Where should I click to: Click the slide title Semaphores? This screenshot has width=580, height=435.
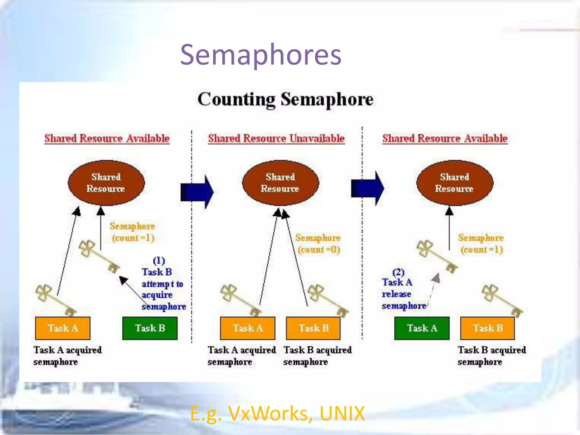click(261, 55)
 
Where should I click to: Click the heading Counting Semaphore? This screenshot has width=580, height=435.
click(285, 99)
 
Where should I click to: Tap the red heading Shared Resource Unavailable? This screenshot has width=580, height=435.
click(276, 138)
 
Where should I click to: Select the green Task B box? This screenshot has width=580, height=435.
click(150, 328)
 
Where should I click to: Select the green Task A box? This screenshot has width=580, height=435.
click(422, 328)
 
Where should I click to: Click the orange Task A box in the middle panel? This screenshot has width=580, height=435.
click(248, 328)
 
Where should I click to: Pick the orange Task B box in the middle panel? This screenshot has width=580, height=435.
click(313, 328)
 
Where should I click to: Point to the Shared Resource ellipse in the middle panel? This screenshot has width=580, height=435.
click(280, 183)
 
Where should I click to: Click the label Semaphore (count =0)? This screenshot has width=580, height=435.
click(318, 244)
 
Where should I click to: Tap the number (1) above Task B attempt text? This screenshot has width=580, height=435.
click(159, 260)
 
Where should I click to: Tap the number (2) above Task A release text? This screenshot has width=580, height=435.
click(398, 272)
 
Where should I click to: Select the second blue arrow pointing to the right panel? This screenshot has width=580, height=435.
click(367, 188)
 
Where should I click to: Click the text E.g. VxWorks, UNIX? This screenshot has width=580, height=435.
click(277, 413)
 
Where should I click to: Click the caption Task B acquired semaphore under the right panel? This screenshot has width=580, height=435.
click(492, 356)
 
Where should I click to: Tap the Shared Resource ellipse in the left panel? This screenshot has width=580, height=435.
click(106, 183)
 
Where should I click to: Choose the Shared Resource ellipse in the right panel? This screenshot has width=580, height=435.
click(455, 183)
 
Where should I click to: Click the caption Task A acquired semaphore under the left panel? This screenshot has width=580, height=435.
click(67, 356)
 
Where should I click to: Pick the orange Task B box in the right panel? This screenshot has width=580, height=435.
click(487, 328)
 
